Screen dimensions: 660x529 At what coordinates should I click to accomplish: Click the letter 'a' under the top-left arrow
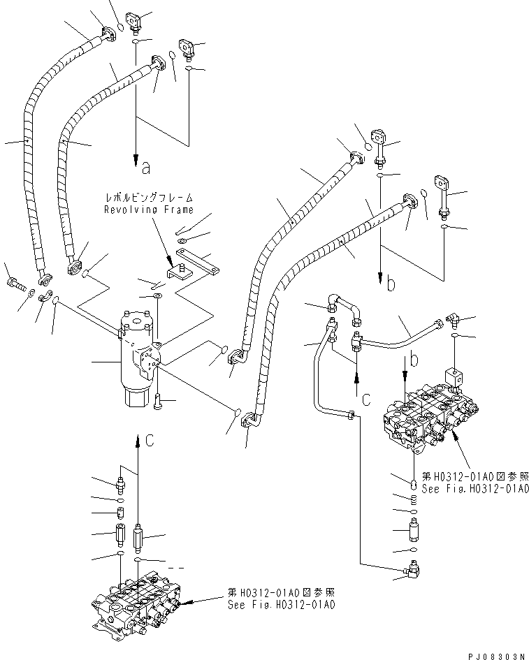pyautogui.click(x=145, y=167)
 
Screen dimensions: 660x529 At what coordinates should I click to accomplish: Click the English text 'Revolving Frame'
pyautogui.click(x=148, y=210)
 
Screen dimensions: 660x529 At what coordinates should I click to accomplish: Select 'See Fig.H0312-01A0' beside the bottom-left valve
pyautogui.click(x=281, y=605)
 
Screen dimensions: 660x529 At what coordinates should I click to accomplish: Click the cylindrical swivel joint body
pyautogui.click(x=140, y=356)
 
